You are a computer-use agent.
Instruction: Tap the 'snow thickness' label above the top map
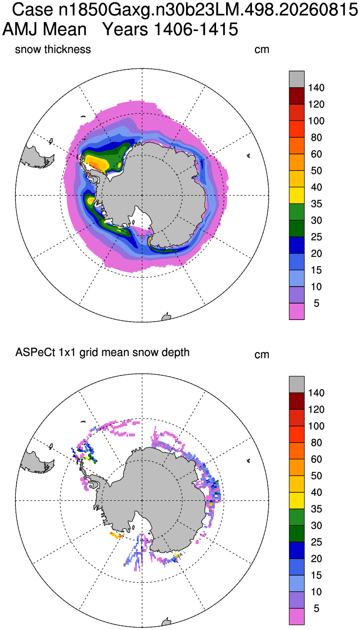coord(53,50)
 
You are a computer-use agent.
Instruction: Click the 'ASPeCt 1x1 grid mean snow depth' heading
coord(102,353)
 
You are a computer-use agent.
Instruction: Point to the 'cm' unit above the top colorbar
coord(262,50)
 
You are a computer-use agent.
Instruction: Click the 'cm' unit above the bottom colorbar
coord(262,355)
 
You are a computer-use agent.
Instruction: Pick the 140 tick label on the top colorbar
coord(316,88)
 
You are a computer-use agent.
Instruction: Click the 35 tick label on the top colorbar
coord(316,204)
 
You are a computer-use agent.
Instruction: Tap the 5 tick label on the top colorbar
coord(316,303)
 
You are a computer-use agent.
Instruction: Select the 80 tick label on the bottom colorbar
coord(316,443)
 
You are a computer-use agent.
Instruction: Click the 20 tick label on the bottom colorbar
coord(316,559)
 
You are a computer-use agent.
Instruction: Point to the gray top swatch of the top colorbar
coord(297,79)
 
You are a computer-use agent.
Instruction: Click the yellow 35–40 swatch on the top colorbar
coord(297,196)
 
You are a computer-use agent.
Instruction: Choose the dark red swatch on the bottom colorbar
coord(297,401)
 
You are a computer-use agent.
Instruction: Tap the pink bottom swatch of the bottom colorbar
coord(297,616)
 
